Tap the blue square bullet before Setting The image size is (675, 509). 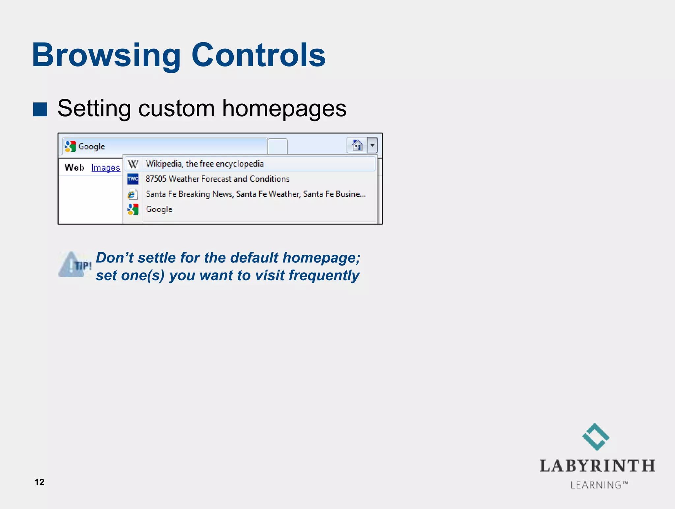(40, 109)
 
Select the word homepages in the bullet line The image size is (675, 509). (284, 108)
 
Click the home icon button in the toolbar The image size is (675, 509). (357, 145)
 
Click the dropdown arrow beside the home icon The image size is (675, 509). (372, 145)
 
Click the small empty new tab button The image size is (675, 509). (278, 147)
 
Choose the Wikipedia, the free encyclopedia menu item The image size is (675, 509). (205, 164)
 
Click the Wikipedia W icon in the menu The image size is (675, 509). (133, 164)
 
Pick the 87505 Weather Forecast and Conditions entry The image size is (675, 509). (217, 179)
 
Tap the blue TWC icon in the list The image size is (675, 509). (133, 179)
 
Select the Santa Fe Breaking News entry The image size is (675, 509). (255, 194)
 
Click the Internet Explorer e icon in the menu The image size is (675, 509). (132, 194)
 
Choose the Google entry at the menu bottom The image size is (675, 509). (159, 209)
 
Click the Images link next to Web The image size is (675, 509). (105, 168)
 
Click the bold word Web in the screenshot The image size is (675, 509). (74, 168)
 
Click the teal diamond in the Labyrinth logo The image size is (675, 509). (596, 437)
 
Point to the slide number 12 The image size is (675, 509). (39, 482)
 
